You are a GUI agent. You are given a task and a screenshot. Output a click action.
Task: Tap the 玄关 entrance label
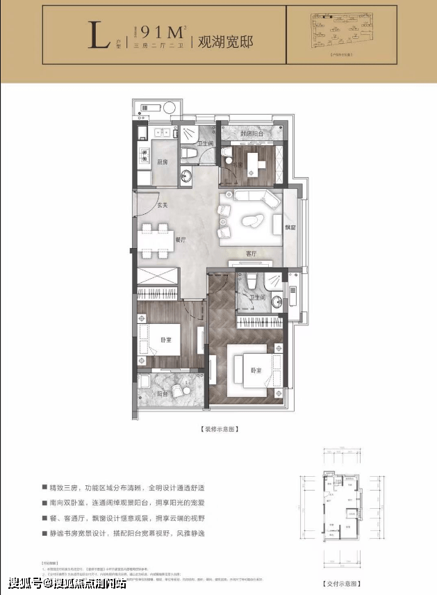pos(162,205)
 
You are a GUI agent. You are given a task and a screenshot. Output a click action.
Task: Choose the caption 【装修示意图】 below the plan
pos(220,429)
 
